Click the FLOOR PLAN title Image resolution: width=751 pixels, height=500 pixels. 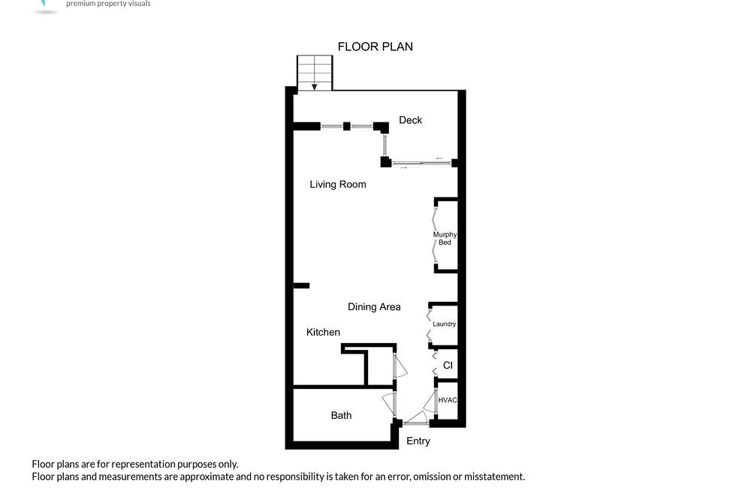pos(375,47)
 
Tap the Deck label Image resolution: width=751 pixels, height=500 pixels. pos(411,119)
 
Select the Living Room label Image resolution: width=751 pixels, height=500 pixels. pos(338,185)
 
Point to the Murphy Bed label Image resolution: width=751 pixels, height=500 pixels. pos(445,238)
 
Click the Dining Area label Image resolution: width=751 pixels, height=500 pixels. pos(374,306)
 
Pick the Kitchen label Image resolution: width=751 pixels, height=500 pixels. pos(323,332)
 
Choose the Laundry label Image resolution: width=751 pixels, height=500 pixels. pos(444,324)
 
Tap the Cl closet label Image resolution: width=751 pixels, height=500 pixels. pos(448,366)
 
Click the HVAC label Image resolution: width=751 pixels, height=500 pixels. pos(448,400)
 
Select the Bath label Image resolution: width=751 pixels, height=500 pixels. pos(341,415)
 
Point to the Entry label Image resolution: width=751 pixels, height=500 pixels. pos(418,441)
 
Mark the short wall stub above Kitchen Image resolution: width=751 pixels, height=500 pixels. pos(301,285)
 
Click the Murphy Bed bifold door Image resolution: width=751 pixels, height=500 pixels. pos(434,235)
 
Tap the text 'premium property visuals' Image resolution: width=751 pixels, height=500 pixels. pos(108,3)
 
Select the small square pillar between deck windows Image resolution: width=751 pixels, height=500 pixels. pos(347,126)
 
